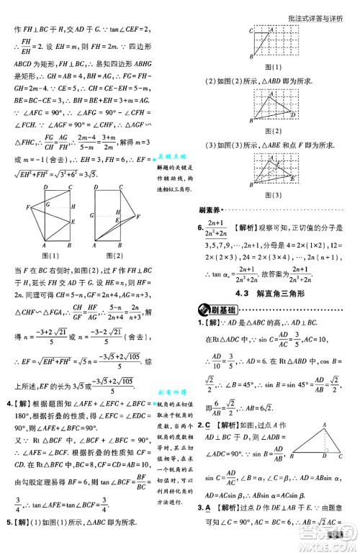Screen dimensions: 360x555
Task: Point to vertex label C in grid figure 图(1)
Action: (x=250, y=30)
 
